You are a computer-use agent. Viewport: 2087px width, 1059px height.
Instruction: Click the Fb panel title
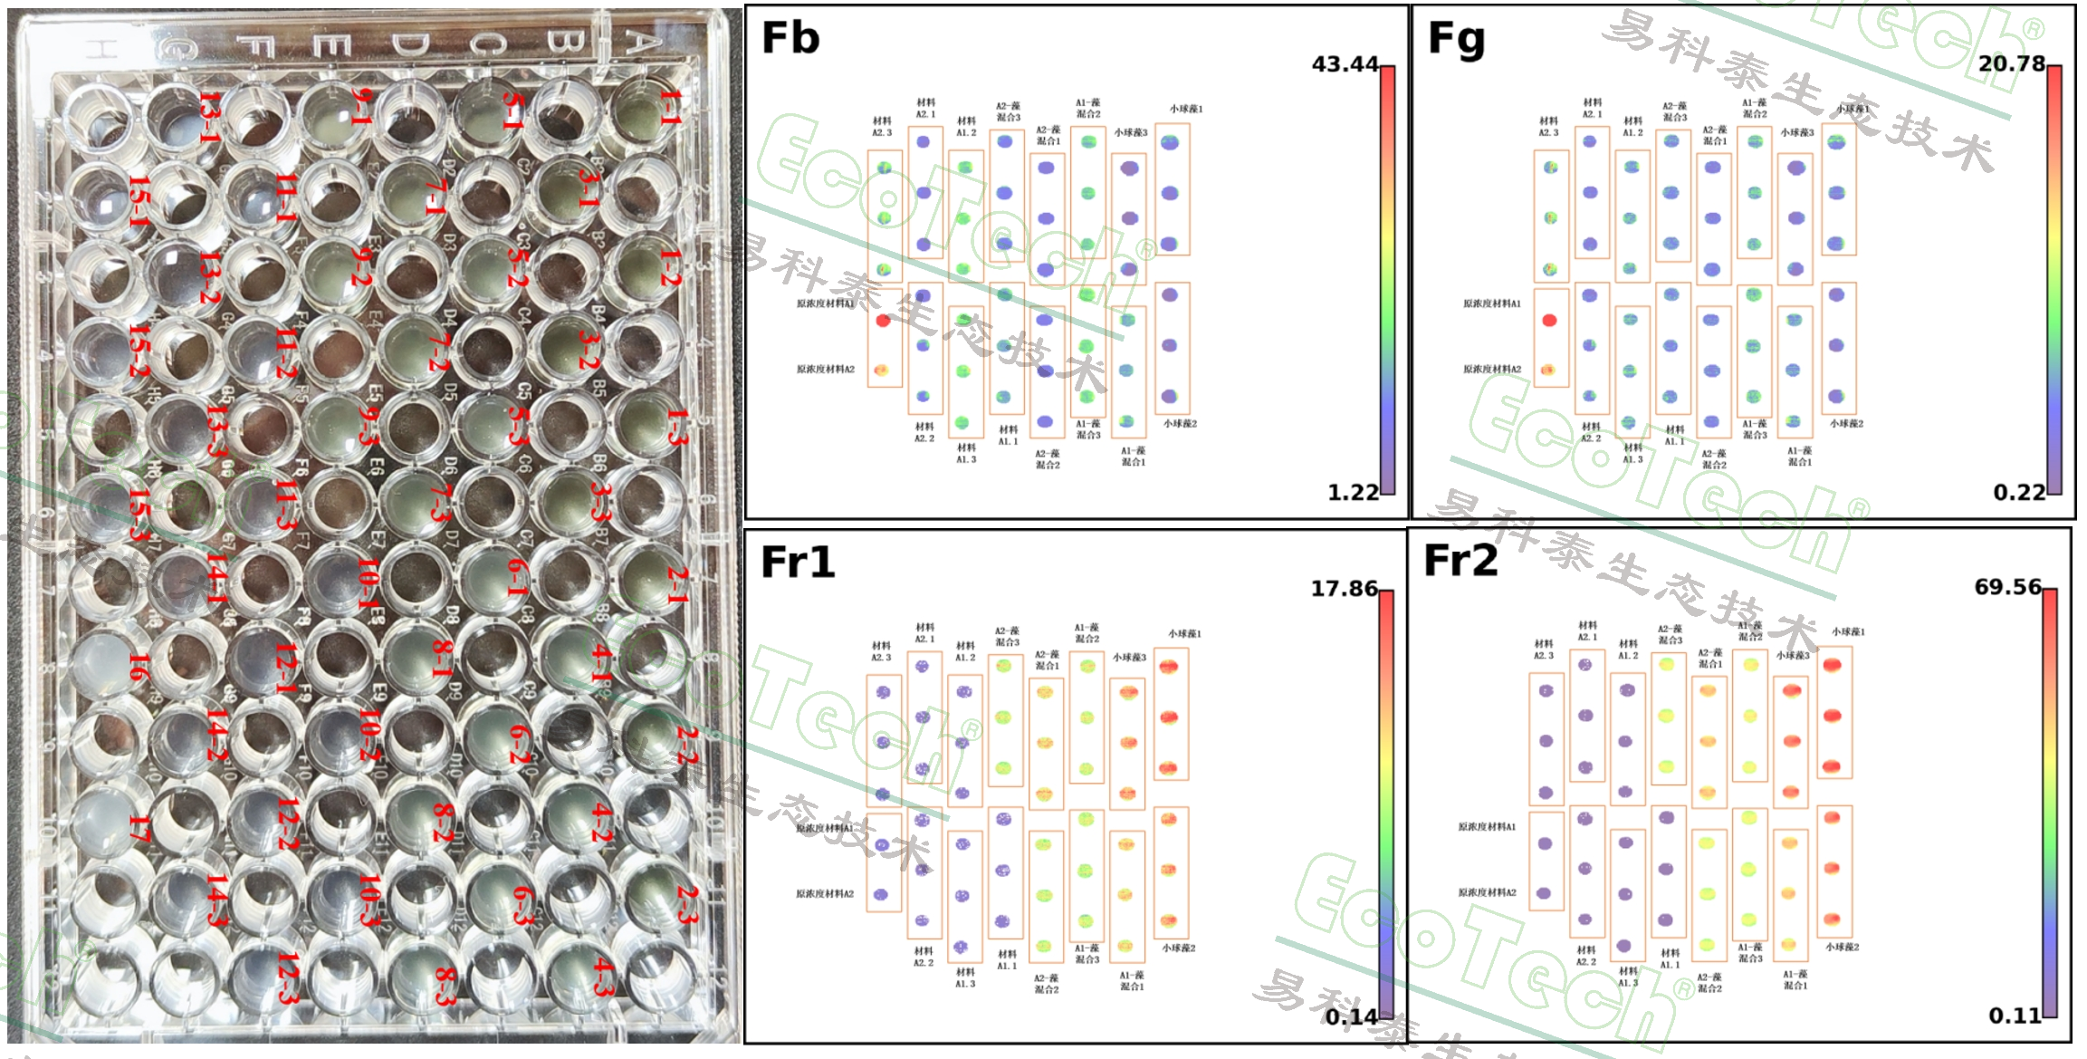(x=790, y=38)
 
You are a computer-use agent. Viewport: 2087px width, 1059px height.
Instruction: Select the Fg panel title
(x=1456, y=38)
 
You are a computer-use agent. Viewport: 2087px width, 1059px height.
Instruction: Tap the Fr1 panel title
(x=797, y=563)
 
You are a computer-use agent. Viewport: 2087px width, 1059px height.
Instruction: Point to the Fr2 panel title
(x=1460, y=561)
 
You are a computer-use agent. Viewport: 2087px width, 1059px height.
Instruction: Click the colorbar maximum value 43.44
(x=1345, y=64)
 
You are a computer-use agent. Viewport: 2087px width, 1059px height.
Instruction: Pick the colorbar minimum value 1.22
(x=1353, y=493)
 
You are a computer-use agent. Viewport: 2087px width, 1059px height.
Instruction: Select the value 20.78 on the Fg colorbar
(x=2011, y=64)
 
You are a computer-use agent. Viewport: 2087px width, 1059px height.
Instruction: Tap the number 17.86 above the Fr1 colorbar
(x=1344, y=589)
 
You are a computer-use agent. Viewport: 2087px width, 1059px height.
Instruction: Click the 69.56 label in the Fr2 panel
(x=2007, y=587)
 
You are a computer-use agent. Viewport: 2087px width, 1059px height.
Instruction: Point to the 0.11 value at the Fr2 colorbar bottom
(x=2015, y=1016)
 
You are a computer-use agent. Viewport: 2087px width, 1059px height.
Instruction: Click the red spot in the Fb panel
(x=884, y=320)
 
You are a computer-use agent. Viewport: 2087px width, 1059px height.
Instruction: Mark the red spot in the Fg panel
(x=1549, y=320)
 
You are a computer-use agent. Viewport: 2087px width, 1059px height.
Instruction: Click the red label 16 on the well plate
(x=138, y=668)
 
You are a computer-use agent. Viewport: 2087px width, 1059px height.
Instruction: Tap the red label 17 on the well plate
(x=138, y=828)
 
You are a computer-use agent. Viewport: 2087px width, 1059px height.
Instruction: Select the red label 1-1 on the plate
(x=670, y=107)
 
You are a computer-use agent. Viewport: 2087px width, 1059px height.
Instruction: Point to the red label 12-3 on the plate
(x=287, y=978)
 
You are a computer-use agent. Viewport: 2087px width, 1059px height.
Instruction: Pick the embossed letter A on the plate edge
(x=640, y=41)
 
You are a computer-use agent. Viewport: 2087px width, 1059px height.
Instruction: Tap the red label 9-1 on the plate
(x=360, y=107)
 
